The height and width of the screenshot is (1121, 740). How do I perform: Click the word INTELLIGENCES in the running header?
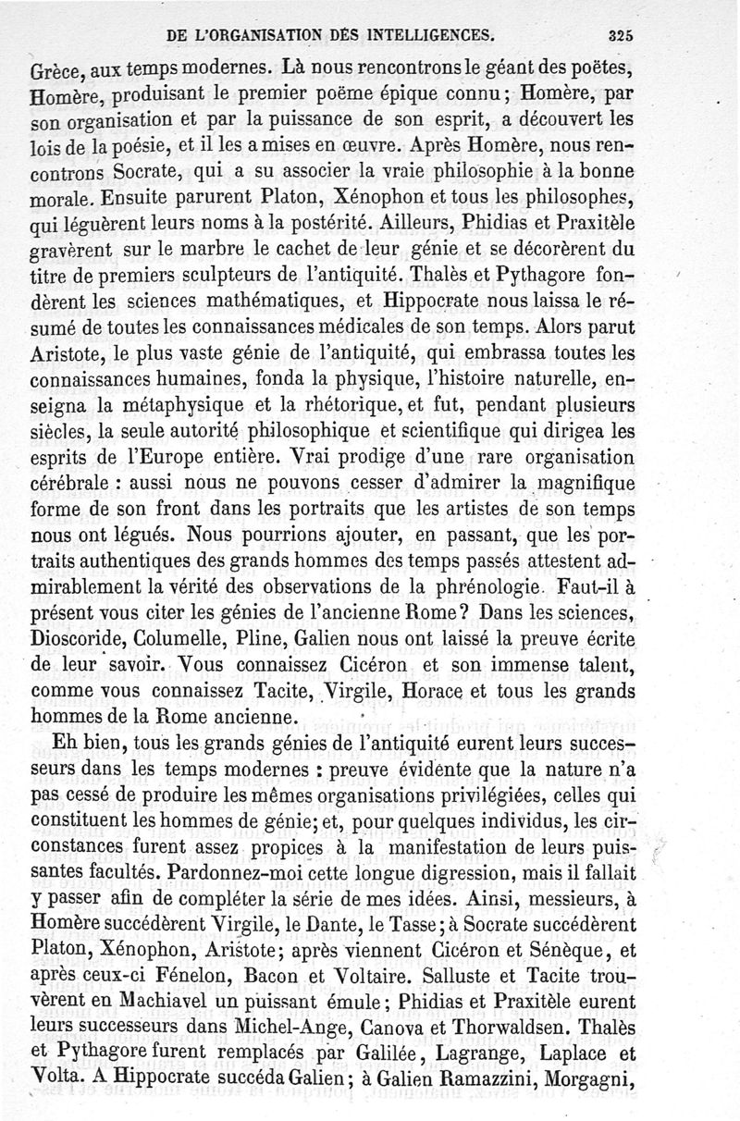tap(428, 36)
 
